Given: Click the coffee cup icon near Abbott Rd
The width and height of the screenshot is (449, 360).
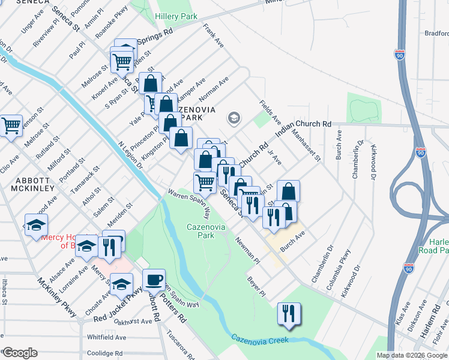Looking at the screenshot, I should (x=154, y=280).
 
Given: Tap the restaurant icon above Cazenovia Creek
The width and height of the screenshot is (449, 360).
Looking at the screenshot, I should (x=289, y=313).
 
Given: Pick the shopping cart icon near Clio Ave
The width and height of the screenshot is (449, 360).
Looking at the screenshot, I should (x=10, y=126).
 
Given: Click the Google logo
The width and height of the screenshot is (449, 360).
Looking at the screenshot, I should (x=20, y=353).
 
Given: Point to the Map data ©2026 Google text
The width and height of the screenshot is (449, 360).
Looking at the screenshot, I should (x=412, y=355).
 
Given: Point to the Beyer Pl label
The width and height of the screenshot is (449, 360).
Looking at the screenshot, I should (x=256, y=286).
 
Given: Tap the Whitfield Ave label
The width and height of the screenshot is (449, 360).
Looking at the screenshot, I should (x=106, y=337).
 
